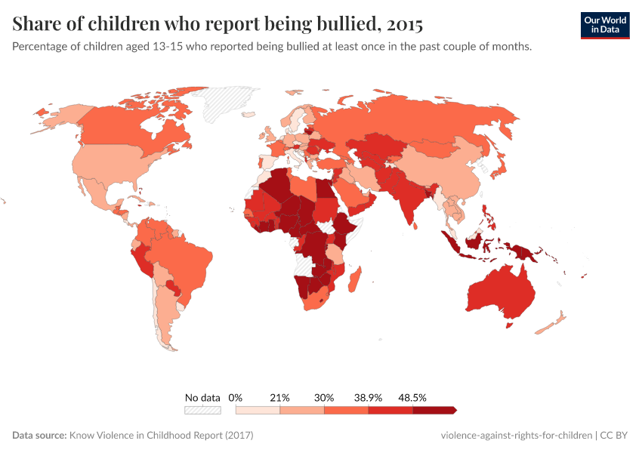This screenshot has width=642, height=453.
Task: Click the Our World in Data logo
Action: [604, 25]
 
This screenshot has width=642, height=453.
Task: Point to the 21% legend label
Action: [280, 397]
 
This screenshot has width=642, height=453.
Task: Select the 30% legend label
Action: [324, 397]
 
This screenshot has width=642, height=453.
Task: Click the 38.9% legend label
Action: [369, 397]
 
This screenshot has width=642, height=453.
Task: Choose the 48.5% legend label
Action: [413, 397]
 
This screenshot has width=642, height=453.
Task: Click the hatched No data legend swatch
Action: [202, 410]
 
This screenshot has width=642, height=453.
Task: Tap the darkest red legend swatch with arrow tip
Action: [434, 410]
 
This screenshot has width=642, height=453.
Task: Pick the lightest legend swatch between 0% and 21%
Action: [258, 410]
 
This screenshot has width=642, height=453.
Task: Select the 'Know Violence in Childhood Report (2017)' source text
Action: [161, 436]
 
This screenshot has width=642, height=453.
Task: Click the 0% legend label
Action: [235, 397]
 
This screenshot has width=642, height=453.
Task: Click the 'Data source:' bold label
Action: [39, 436]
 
